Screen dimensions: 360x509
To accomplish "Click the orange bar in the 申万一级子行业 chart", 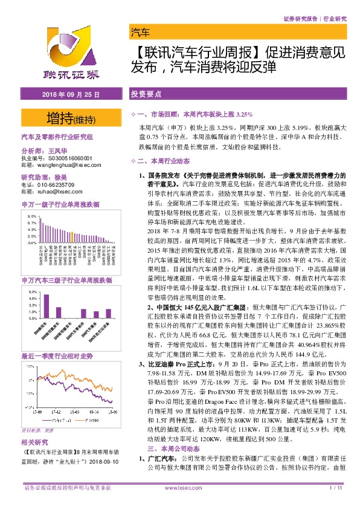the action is tap(71, 236).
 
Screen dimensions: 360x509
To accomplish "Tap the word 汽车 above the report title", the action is tap(140, 32).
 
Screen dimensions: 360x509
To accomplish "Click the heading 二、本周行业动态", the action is tap(164, 161).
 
